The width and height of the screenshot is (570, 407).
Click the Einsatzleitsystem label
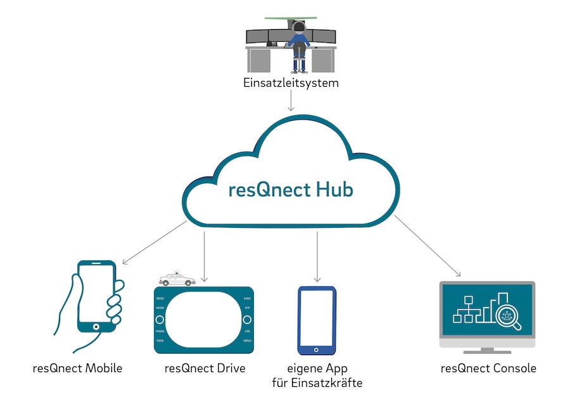click(x=291, y=82)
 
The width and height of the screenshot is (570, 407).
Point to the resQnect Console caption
click(x=488, y=368)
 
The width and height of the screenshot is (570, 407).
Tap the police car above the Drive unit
click(x=177, y=279)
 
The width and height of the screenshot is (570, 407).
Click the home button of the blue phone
click(x=317, y=349)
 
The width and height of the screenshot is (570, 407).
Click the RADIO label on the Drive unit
click(x=160, y=297)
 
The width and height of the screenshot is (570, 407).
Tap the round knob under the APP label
click(x=248, y=319)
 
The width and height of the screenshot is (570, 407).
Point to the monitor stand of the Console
click(x=487, y=350)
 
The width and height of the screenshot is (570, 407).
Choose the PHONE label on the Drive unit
click(x=160, y=330)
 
